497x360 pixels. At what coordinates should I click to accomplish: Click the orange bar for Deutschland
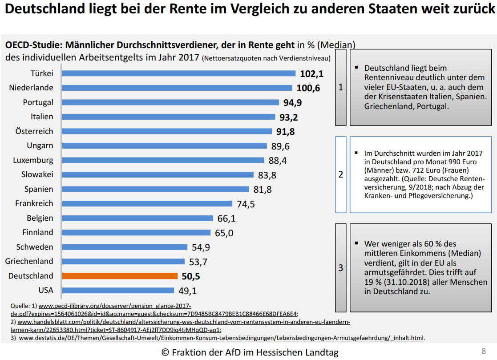120,276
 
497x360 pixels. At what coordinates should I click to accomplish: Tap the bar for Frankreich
147,203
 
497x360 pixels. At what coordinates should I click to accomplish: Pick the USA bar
118,290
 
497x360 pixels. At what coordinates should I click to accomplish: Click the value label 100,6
308,88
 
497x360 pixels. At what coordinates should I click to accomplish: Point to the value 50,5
191,276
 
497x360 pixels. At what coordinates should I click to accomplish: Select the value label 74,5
246,204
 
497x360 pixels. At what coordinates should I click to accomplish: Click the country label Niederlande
31,88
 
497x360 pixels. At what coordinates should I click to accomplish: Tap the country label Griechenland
29,261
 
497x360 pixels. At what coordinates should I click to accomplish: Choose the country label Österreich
34,131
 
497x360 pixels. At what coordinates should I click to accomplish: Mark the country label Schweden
35,247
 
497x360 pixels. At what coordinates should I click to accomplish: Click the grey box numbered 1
341,87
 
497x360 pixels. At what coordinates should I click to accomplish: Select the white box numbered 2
341,174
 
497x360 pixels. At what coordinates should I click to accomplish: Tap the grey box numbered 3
341,268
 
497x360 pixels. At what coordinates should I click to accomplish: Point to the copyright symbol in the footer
166,352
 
